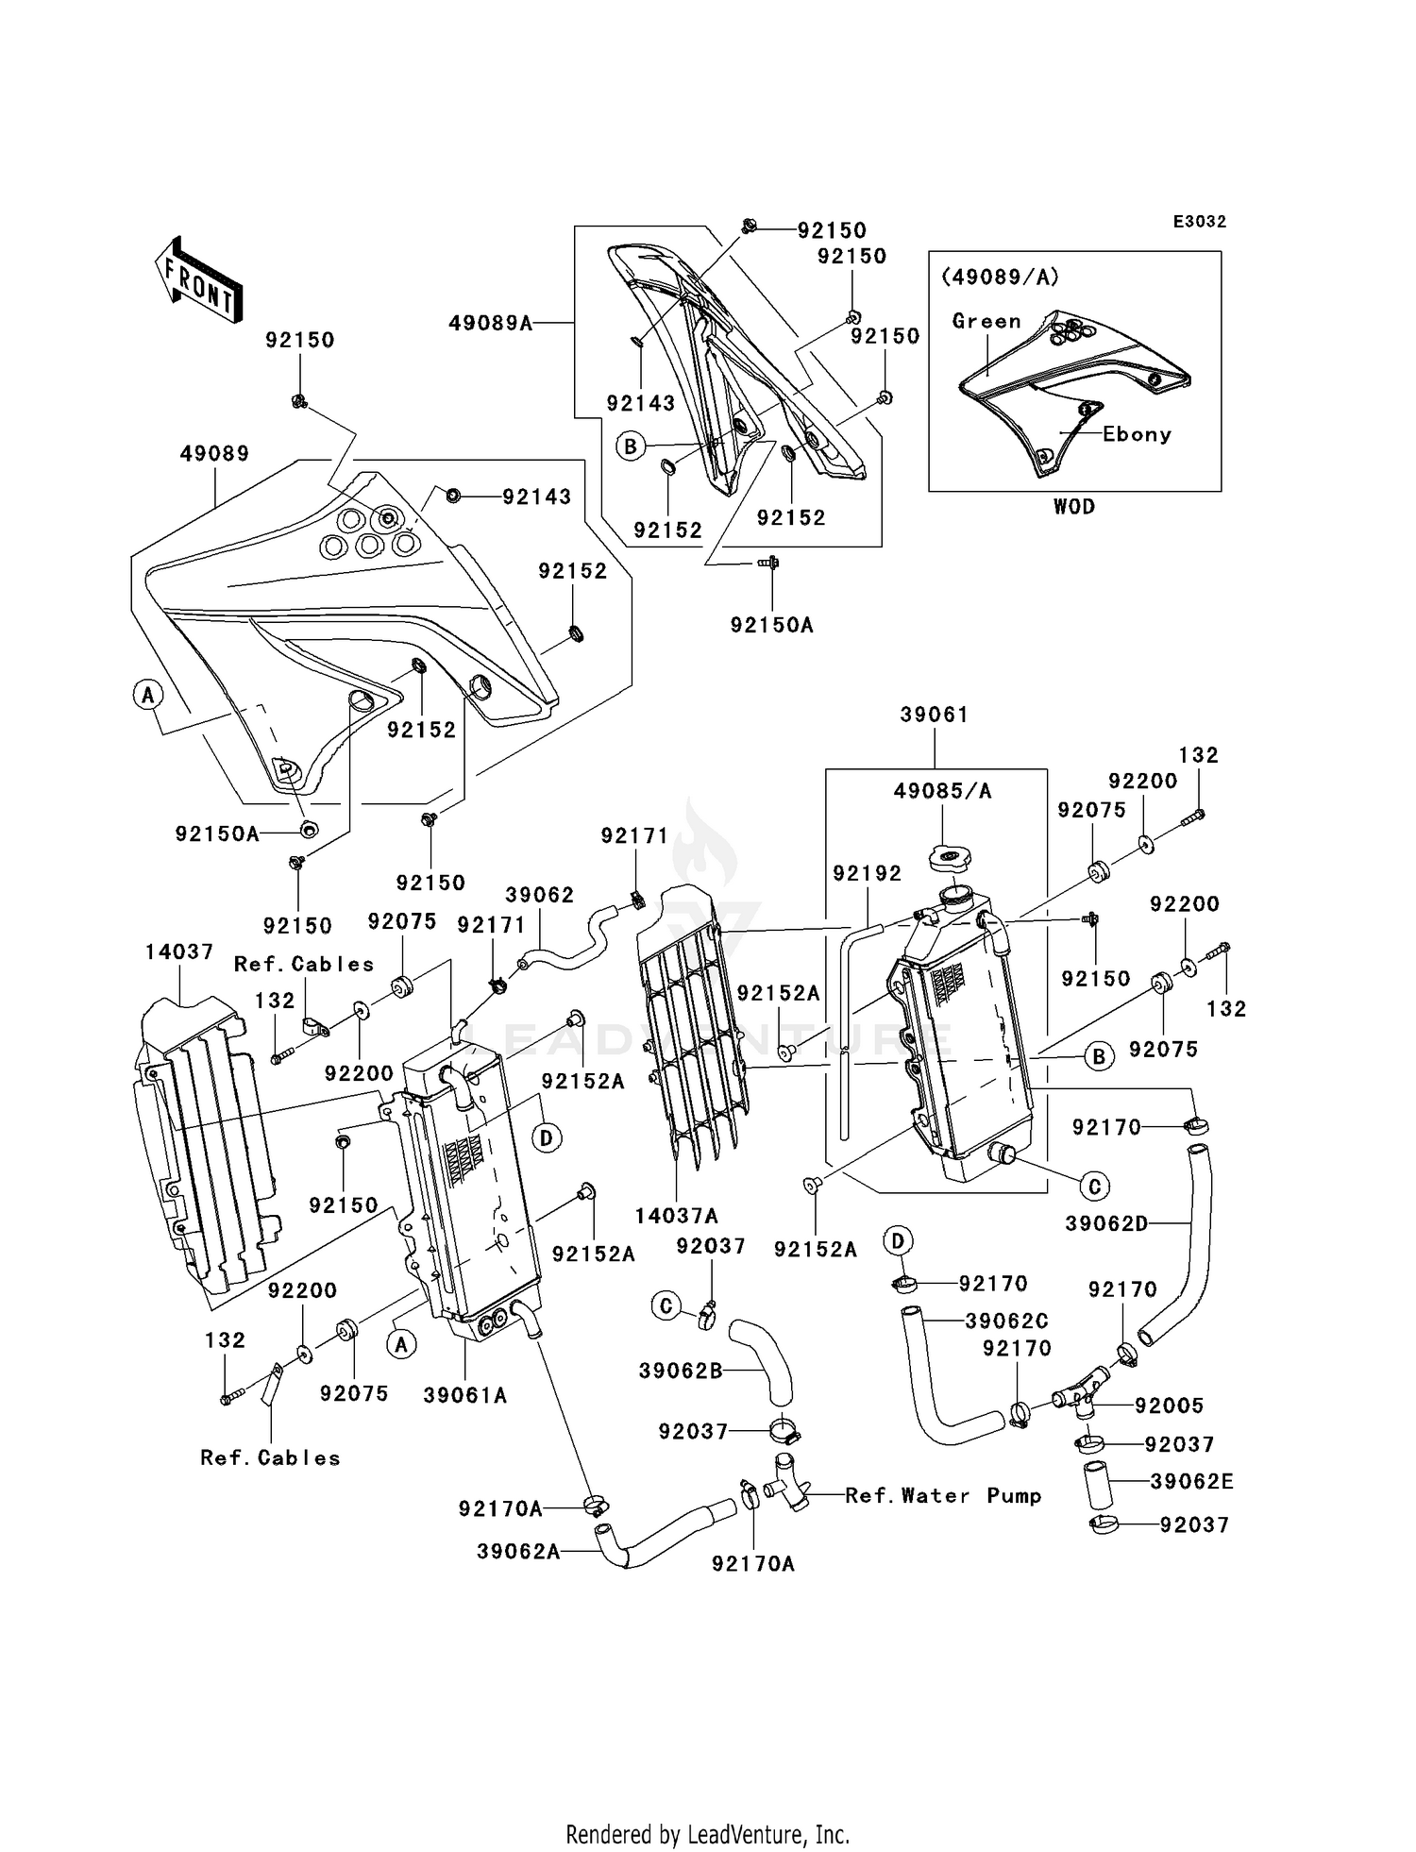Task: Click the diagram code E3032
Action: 1199,222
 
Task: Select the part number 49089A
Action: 490,323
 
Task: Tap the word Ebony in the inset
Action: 1137,434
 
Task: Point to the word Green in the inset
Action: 986,321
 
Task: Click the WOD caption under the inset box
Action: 1074,507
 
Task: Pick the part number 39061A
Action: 464,1395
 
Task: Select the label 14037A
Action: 677,1216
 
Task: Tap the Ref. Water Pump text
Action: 943,1495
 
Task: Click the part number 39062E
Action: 1191,1481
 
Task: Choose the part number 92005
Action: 1169,1406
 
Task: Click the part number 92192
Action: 867,874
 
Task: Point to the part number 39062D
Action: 1106,1224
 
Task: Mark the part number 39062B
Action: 681,1371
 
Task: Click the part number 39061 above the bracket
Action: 935,715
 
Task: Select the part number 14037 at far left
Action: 179,951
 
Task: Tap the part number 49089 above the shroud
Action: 214,453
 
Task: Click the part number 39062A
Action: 518,1551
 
